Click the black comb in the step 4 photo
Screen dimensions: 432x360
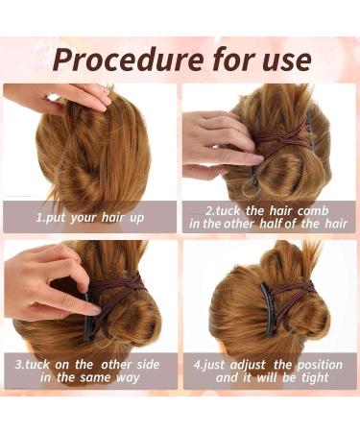pos(272,305)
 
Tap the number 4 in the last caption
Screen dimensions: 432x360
pos(200,364)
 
